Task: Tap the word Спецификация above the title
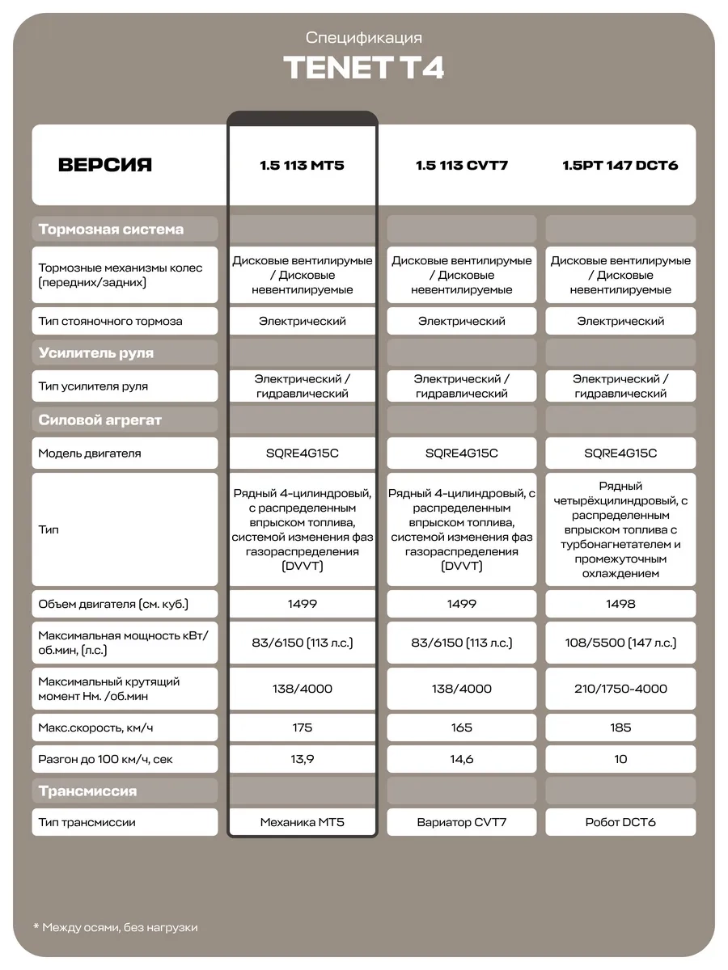point(363,38)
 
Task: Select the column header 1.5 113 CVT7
point(461,166)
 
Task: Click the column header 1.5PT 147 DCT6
point(620,166)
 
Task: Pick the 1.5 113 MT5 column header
point(302,166)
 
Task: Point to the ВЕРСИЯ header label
point(105,166)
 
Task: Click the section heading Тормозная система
point(112,230)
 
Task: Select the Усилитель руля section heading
point(96,353)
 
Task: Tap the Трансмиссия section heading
point(88,791)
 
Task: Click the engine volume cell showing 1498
point(620,604)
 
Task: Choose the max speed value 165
point(461,727)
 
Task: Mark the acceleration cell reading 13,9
point(302,759)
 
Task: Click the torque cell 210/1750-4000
point(620,689)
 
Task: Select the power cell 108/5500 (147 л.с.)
point(620,643)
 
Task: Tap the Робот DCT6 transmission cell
point(620,822)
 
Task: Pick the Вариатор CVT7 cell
point(461,822)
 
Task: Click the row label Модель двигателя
point(90,453)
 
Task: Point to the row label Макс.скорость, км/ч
point(95,727)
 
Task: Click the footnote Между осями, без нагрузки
point(120,927)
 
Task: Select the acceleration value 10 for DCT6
point(620,759)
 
